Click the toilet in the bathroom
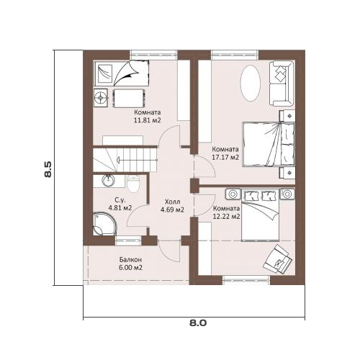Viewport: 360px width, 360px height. tap(133, 184)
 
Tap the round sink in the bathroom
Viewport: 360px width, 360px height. tap(108, 181)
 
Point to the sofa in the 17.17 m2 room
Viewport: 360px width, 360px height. tap(282, 84)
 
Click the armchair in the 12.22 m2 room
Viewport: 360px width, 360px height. tap(277, 259)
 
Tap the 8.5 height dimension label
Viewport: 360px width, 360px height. tap(48, 169)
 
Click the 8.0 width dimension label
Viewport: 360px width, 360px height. tap(198, 323)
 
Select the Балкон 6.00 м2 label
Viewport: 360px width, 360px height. tap(130, 264)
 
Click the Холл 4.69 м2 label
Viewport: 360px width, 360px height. tap(172, 206)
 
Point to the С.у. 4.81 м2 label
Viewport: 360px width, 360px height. tap(120, 204)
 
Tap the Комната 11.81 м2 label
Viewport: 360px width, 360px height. tap(147, 116)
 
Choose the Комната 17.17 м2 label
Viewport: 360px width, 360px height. tap(225, 153)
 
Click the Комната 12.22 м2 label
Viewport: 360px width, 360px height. tap(227, 212)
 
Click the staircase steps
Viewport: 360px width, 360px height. tap(125, 160)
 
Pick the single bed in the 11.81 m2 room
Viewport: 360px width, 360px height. tap(122, 73)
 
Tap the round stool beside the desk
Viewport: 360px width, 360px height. tap(100, 98)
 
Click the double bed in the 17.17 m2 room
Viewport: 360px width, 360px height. tap(269, 144)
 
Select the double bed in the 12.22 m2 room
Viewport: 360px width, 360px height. tap(261, 215)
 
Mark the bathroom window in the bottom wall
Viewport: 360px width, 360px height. tap(128, 240)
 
